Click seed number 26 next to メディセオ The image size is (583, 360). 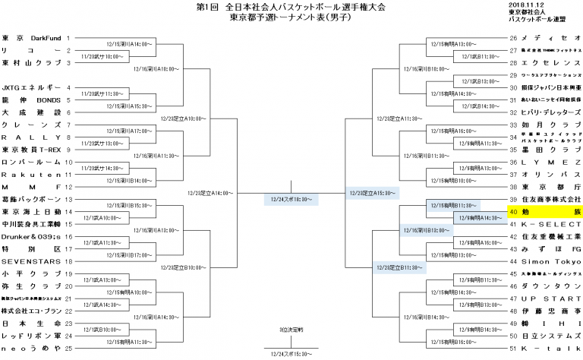[x=514, y=38]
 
